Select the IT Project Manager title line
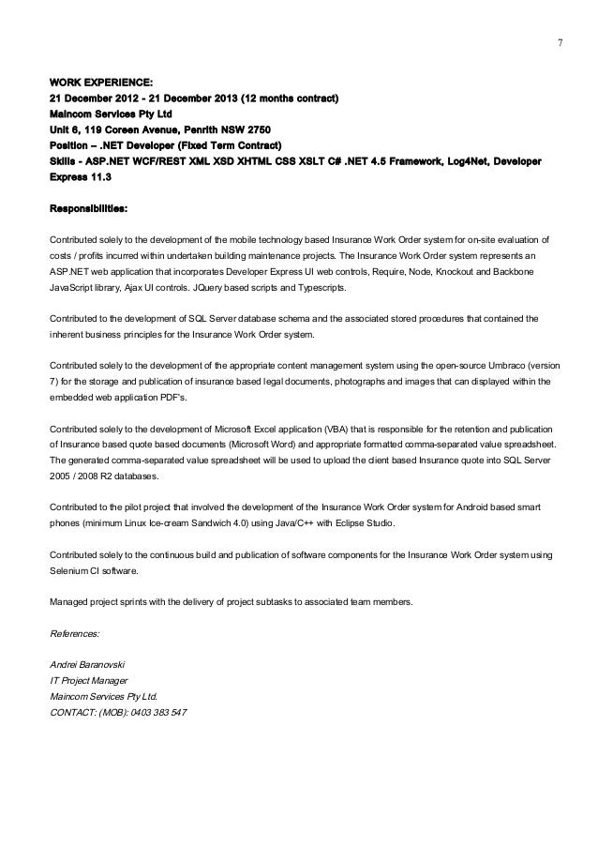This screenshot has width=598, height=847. (88, 680)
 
